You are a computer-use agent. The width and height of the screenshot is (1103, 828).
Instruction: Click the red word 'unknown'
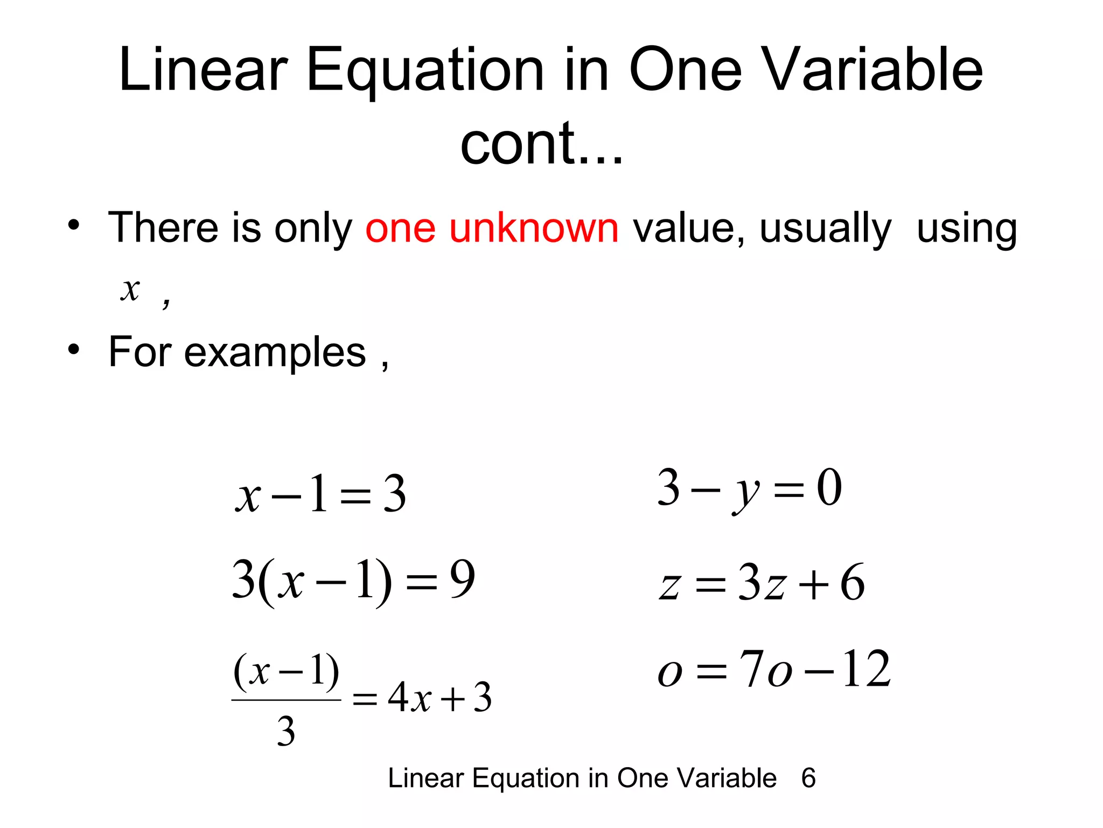[533, 229]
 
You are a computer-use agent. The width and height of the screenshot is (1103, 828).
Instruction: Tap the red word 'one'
[400, 229]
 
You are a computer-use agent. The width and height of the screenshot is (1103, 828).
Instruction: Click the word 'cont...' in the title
[541, 143]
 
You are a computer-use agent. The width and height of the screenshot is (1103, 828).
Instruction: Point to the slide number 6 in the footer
[808, 778]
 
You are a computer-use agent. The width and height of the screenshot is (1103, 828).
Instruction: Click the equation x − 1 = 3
[320, 493]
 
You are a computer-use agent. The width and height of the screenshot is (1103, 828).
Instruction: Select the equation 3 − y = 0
[749, 488]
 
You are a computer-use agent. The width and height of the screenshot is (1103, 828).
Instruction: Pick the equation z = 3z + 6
[762, 583]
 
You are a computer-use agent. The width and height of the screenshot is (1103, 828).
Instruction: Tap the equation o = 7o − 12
[774, 670]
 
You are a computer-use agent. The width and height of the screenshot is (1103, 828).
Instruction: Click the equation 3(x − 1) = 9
[353, 580]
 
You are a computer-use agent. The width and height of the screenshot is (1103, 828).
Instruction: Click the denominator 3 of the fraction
[286, 732]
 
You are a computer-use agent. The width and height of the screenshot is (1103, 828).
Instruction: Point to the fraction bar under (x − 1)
[286, 700]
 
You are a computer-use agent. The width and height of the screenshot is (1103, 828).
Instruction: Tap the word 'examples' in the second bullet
[275, 352]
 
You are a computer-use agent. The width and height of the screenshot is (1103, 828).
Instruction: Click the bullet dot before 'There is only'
[74, 225]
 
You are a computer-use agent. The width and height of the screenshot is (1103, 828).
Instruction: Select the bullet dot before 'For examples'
[74, 349]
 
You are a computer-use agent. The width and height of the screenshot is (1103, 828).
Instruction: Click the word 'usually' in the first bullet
[825, 229]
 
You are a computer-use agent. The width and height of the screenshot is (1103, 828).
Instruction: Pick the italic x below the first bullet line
[130, 289]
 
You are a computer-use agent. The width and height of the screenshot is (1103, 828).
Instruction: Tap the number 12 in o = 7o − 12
[867, 669]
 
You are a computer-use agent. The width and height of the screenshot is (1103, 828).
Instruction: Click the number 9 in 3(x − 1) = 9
[462, 579]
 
